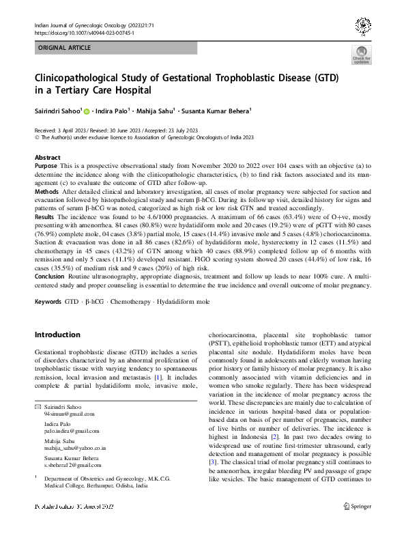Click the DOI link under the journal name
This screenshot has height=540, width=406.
(84, 32)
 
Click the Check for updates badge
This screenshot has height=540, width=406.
(361, 55)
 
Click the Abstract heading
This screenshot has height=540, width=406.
(48, 157)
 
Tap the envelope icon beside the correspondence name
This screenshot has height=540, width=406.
(38, 407)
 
